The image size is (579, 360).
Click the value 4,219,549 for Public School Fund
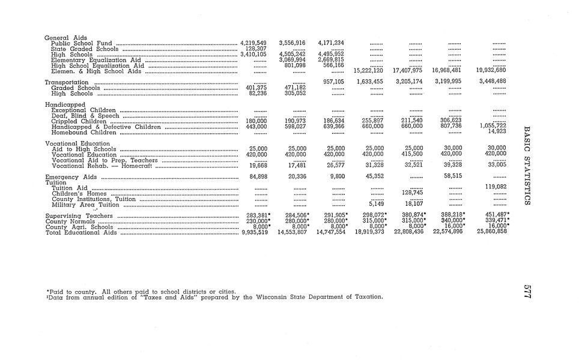pyautogui.click(x=253, y=43)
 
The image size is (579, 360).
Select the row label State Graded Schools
pyautogui.click(x=85, y=49)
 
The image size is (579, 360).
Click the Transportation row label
pyautogui.click(x=67, y=82)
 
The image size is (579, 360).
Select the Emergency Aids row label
pyautogui.click(x=71, y=178)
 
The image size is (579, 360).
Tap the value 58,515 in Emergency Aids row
pyautogui.click(x=453, y=176)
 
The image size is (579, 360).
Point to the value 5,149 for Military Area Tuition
pyautogui.click(x=376, y=203)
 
